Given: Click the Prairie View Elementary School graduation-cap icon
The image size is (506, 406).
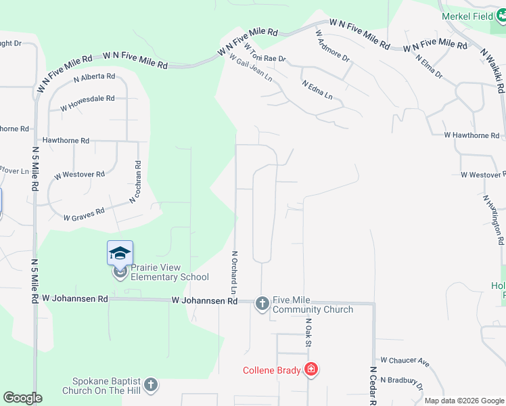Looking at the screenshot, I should coord(120,254).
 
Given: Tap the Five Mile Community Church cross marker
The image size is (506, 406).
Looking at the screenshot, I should coord(262,304).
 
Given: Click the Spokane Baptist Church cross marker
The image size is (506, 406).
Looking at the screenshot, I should coord(151,385).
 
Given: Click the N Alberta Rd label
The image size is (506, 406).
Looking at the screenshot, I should coord(94,77).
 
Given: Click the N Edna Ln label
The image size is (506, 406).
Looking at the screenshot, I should coord(317,91).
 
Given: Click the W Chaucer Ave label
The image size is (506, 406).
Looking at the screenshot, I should coord(405,362).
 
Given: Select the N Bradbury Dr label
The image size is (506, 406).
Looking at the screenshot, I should coord(401,382).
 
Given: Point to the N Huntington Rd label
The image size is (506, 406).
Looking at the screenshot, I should coord(493,220).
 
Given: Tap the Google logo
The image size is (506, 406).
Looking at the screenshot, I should coord(22,398).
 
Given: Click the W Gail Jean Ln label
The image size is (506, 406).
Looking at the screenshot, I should coord(251,69).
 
